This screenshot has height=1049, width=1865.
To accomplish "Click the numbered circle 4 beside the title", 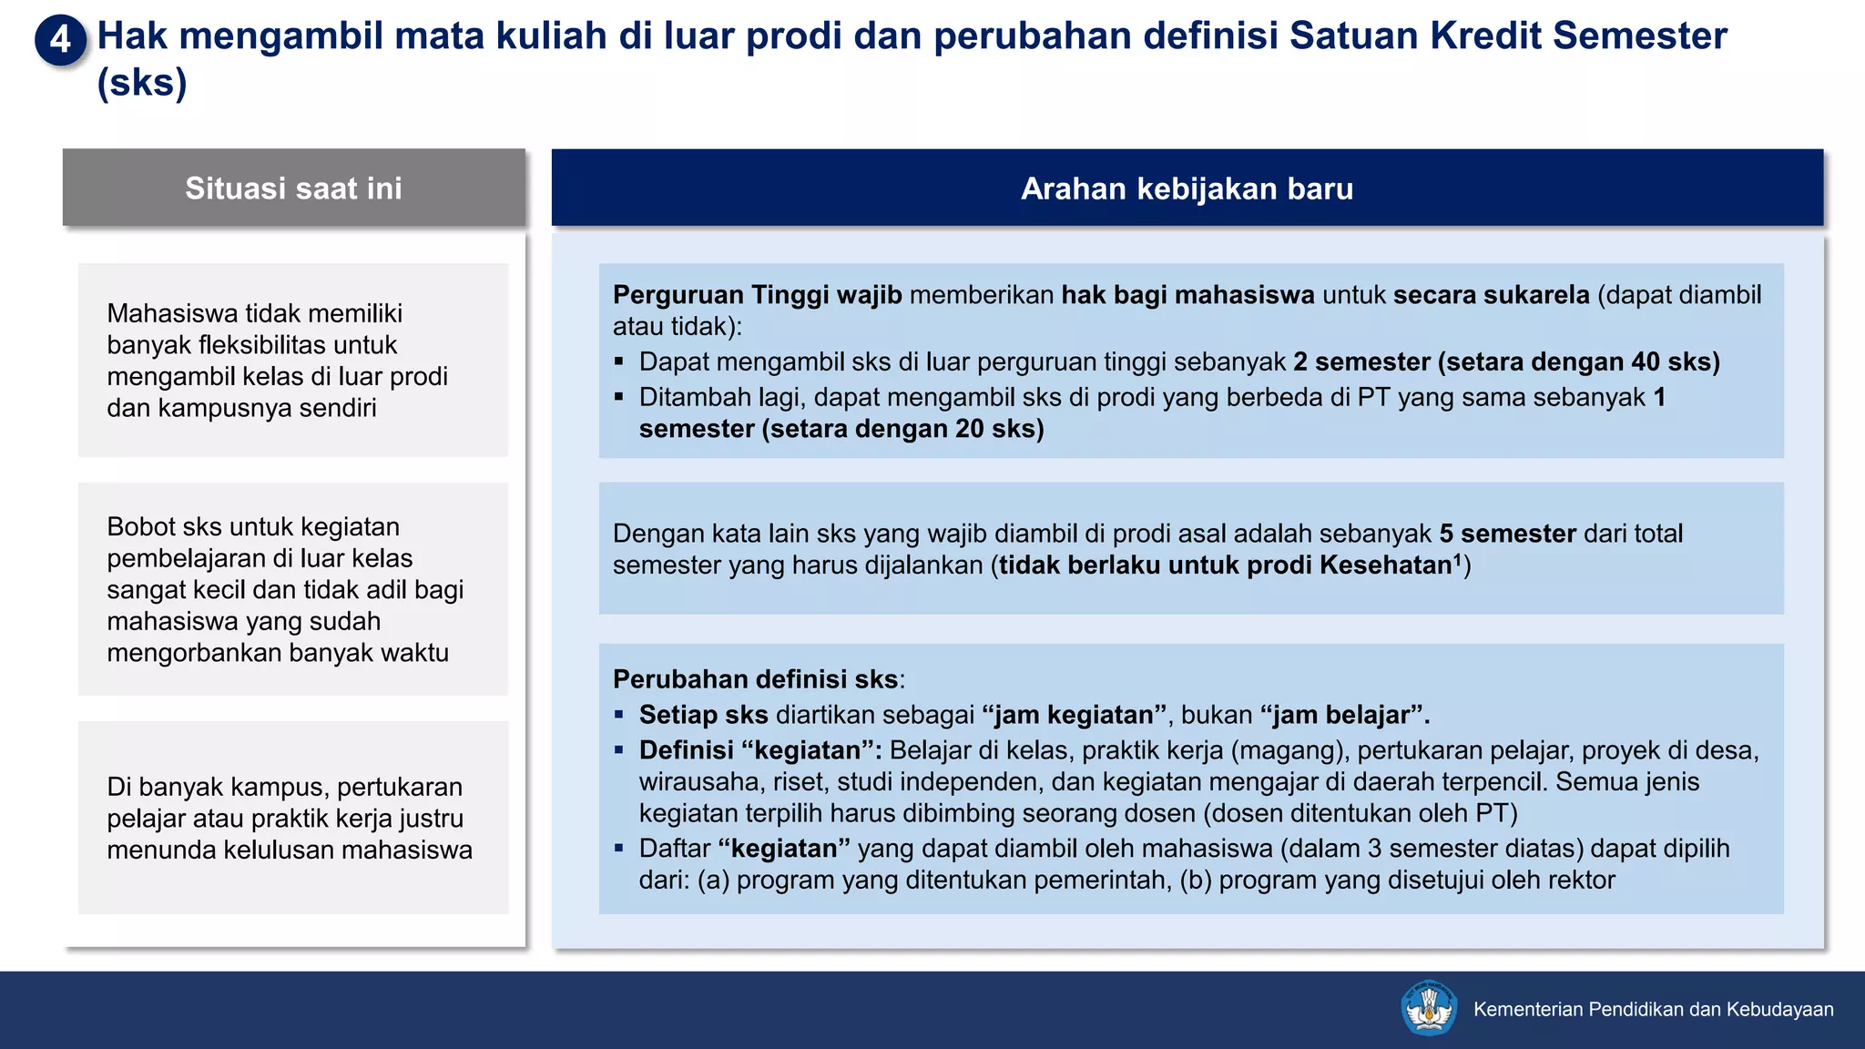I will point(60,39).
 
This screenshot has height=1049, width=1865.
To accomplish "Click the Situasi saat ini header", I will point(293,188).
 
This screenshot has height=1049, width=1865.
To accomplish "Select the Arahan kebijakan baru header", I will point(1187,188).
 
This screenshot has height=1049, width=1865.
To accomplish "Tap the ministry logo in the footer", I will point(1428,1008).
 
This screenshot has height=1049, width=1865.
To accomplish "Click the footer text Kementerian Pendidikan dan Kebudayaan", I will point(1653,1009).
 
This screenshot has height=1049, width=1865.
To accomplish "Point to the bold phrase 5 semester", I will point(1507,534).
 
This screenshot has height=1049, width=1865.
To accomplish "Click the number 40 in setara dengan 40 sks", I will point(1646,362).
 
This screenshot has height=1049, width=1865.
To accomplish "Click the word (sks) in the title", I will point(142,83).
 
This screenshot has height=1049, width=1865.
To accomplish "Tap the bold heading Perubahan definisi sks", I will point(756,679).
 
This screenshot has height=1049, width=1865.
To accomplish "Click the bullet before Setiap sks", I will point(619,716).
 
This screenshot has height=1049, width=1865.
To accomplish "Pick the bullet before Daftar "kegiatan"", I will point(619,849).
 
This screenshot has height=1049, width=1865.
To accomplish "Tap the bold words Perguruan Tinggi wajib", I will point(757,295).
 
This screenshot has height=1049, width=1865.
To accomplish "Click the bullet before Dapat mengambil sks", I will point(619,362).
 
